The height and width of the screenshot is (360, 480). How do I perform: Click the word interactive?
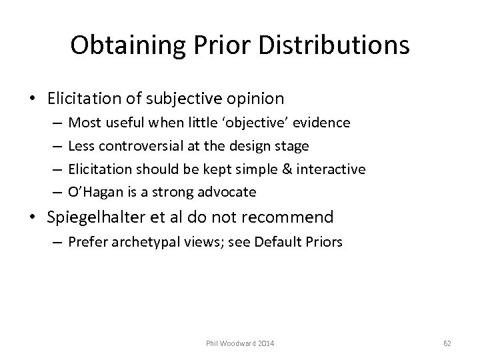(332, 169)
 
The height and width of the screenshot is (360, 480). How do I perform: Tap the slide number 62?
(447, 343)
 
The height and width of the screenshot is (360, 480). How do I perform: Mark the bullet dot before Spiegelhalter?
(36, 218)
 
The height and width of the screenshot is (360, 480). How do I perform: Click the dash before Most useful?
(55, 123)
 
